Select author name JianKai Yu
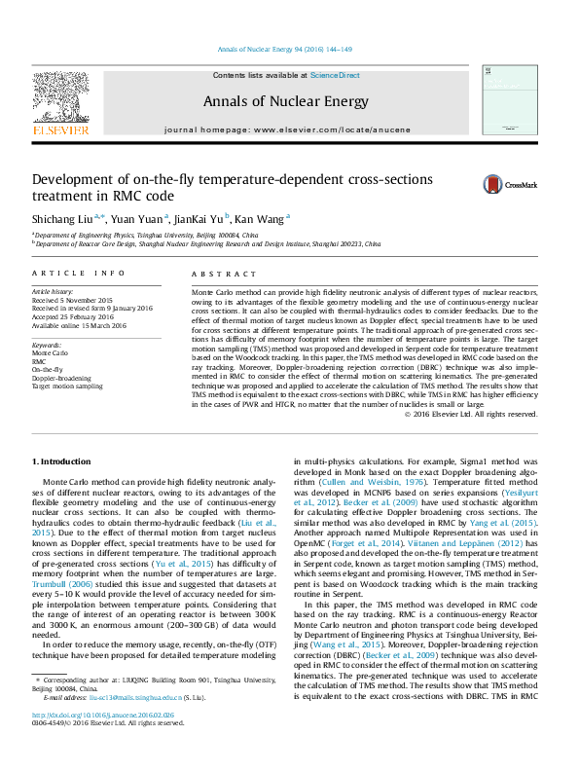[x=199, y=219]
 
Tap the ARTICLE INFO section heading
[x=79, y=275]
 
